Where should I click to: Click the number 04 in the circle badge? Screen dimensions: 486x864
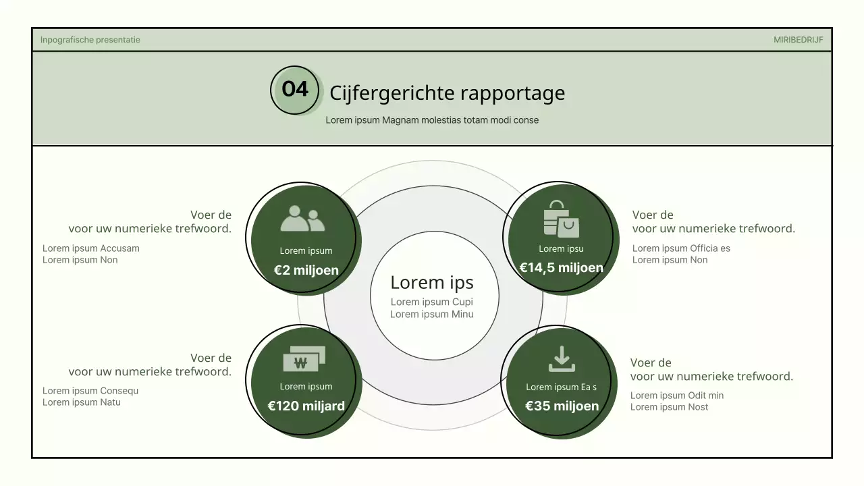click(x=295, y=89)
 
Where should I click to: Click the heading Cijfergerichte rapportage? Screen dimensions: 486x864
click(x=447, y=92)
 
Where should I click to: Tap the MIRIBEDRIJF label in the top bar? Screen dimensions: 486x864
click(x=798, y=40)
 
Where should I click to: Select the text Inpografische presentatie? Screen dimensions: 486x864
click(x=90, y=40)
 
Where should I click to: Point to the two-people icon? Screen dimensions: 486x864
click(x=302, y=219)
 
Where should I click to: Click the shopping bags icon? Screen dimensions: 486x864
click(x=561, y=219)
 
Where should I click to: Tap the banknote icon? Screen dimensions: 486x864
click(x=304, y=359)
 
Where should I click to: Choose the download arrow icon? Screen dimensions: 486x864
click(x=562, y=359)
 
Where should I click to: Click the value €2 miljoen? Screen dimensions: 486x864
click(x=306, y=271)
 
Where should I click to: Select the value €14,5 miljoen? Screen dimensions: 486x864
click(x=561, y=268)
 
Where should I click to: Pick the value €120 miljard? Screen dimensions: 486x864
click(x=306, y=406)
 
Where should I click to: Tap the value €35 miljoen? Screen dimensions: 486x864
click(x=562, y=406)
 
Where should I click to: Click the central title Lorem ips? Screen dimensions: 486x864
click(x=432, y=282)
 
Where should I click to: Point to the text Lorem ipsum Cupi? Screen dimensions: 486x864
click(x=432, y=302)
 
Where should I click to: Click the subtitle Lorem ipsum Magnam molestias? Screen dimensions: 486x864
click(x=432, y=120)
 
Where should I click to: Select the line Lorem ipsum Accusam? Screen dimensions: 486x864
click(x=91, y=248)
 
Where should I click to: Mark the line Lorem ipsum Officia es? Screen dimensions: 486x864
click(x=681, y=248)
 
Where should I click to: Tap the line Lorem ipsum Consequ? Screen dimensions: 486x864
click(x=90, y=391)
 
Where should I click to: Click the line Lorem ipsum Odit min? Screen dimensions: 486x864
click(x=677, y=396)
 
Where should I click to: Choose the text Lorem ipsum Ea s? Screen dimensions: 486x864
click(x=561, y=387)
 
